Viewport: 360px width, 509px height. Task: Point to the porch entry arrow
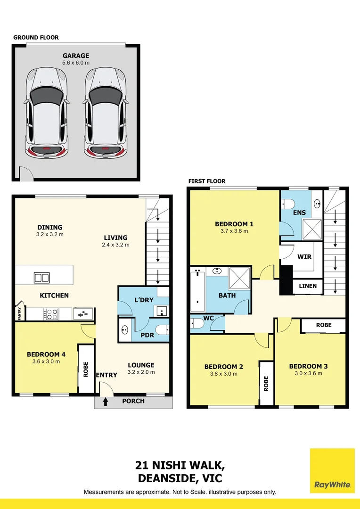click(x=106, y=402)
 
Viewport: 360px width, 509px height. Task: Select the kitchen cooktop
click(x=50, y=313)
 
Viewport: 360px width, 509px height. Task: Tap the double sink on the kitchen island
click(x=41, y=278)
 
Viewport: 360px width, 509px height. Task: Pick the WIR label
click(x=303, y=257)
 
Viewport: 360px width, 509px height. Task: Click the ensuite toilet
click(x=289, y=204)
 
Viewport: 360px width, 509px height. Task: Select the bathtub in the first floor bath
click(x=197, y=287)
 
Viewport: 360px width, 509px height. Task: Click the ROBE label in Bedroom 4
click(x=86, y=369)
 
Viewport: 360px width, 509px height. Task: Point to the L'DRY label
click(x=142, y=300)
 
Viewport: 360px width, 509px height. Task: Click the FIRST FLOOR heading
click(x=207, y=181)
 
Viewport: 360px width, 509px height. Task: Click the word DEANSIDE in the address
click(x=163, y=478)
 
